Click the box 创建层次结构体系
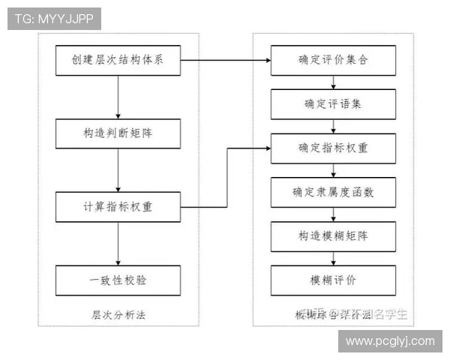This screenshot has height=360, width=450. (x=118, y=60)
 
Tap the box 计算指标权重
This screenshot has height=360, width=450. (x=118, y=207)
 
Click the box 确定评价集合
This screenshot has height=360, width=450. (x=334, y=60)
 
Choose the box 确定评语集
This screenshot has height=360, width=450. (x=334, y=103)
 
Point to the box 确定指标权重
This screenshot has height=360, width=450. (x=334, y=148)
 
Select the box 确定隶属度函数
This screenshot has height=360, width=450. (x=334, y=192)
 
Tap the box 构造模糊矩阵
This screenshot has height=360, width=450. (x=334, y=236)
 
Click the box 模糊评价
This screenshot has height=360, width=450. (x=334, y=280)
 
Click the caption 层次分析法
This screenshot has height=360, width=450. (x=118, y=314)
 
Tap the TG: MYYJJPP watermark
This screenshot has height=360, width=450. (x=54, y=19)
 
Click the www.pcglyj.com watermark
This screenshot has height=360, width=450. (x=389, y=341)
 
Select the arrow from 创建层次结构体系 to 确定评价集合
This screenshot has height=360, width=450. (x=225, y=60)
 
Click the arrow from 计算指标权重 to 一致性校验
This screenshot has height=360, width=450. (x=118, y=243)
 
